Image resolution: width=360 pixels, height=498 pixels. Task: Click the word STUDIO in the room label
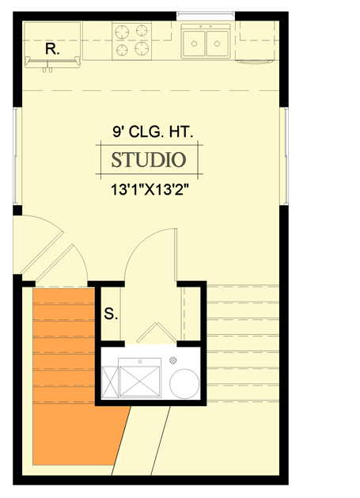[148, 160]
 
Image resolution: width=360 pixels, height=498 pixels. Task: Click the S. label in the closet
[111, 314]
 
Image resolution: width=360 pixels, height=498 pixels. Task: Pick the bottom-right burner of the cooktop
[142, 50]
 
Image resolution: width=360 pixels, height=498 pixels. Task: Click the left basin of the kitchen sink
[194, 44]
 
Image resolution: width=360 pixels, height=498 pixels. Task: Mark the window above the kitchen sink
[206, 13]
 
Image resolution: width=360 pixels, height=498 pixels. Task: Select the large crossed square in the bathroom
[140, 377]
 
